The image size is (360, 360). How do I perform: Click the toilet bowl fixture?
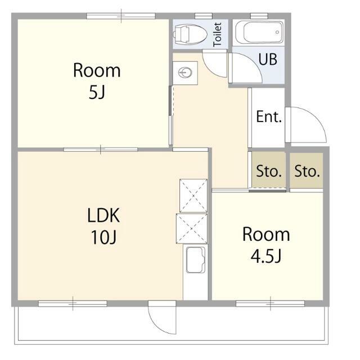(190, 34)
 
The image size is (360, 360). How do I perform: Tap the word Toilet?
(218, 34)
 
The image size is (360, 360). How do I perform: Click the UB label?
(268, 59)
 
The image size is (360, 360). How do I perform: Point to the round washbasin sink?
(186, 73)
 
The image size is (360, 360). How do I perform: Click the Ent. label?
(269, 116)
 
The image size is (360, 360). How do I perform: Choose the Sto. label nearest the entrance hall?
(269, 171)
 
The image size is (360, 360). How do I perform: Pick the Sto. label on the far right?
(307, 171)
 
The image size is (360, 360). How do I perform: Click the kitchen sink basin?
(196, 260)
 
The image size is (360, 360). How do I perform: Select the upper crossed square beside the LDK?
(193, 196)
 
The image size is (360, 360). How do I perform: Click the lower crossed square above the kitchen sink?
(192, 229)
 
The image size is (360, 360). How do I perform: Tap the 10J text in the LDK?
(104, 237)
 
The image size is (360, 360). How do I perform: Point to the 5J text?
(97, 93)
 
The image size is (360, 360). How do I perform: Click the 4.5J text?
(266, 256)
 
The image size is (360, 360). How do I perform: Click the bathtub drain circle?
(277, 32)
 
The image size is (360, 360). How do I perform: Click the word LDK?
(103, 215)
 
